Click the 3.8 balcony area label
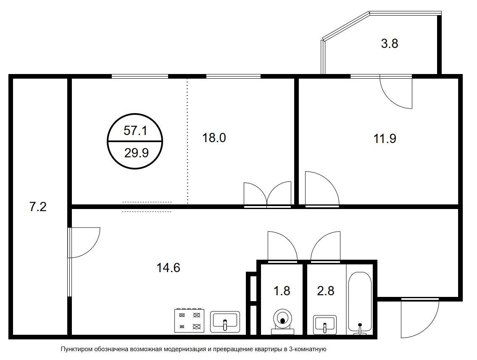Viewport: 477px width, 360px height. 390,43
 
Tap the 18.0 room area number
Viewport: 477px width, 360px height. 214,138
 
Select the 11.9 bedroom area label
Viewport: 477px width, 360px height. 385,139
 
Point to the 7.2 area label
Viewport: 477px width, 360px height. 38,207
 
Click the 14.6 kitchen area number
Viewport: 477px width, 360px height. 168,268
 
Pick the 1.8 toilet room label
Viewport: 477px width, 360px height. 282,291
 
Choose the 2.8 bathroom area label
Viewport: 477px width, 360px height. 326,291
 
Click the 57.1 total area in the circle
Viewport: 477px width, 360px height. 135,130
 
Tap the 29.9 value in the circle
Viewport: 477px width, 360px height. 136,153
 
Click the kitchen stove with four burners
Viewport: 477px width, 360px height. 189,320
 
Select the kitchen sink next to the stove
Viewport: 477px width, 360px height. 225,322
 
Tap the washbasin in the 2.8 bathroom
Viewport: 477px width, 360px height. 325,324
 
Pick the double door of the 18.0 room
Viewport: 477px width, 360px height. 267,195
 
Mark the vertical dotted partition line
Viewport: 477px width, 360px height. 187,141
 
